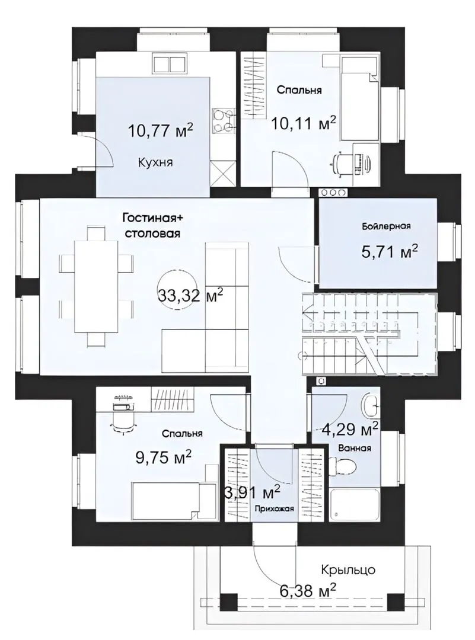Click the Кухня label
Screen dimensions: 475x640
click(x=155, y=162)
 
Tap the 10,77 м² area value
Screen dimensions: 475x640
click(x=160, y=131)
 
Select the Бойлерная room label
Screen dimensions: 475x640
click(x=386, y=226)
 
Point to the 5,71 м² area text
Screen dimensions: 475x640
click(x=390, y=251)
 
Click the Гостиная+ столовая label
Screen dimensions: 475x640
click(x=153, y=226)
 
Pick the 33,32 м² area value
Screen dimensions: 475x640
click(x=190, y=295)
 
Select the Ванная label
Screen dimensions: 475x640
click(x=355, y=448)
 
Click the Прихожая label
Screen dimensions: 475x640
click(x=275, y=508)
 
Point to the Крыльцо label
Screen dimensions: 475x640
click(x=348, y=569)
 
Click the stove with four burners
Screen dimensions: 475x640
click(x=224, y=121)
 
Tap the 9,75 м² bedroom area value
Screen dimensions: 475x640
click(x=163, y=457)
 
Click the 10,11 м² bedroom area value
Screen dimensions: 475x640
click(x=304, y=123)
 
